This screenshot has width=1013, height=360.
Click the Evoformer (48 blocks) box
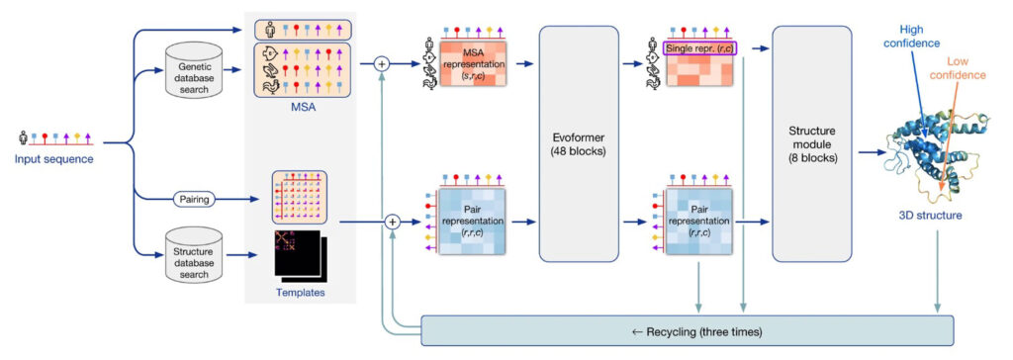[579, 143]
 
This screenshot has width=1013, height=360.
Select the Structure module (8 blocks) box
[811, 143]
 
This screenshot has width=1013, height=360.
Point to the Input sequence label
[56, 157]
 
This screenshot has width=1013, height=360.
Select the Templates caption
[299, 294]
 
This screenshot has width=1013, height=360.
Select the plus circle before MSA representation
[383, 64]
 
